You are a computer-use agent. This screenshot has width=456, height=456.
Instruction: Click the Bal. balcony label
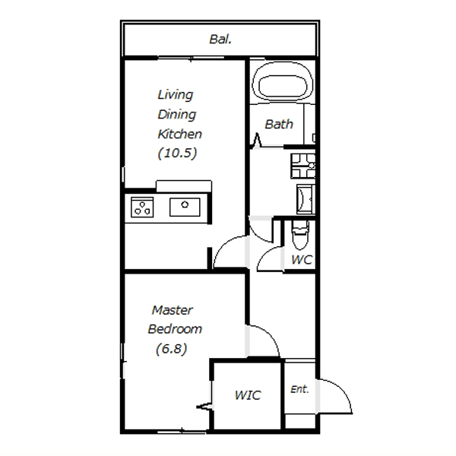tap(220, 40)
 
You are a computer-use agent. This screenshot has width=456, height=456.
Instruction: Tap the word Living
tap(176, 95)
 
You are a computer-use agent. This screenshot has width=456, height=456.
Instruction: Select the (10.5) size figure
tap(177, 153)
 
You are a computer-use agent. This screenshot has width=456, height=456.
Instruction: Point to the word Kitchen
tap(179, 134)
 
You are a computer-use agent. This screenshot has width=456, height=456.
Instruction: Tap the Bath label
tap(279, 125)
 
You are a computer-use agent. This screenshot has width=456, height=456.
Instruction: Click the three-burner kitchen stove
tap(142, 207)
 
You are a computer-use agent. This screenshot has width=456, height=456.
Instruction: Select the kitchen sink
tap(185, 207)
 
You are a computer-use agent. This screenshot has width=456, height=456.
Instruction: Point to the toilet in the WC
tap(300, 235)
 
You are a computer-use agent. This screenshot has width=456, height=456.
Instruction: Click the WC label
tap(302, 260)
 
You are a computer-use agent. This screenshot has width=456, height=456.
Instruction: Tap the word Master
tap(173, 310)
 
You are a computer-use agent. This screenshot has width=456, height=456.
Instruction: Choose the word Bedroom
tap(175, 329)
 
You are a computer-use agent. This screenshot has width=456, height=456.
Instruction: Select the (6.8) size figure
tap(171, 349)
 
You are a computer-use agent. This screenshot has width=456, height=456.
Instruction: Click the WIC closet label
tap(248, 395)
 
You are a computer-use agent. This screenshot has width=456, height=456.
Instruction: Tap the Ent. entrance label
tap(299, 389)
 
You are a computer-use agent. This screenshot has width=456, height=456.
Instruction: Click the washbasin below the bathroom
tap(306, 199)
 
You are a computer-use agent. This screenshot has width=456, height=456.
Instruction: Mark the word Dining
tap(177, 115)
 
